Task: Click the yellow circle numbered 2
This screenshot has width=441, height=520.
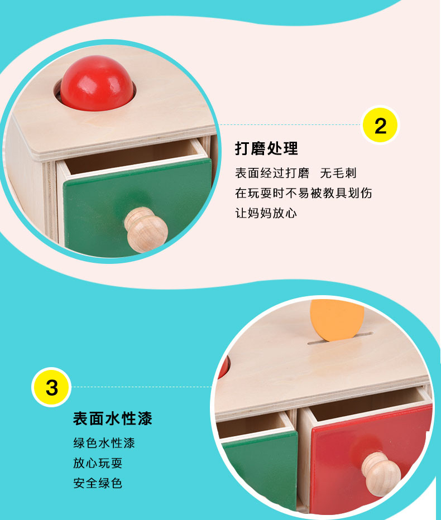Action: (x=380, y=126)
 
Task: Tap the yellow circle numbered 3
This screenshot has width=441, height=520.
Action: (x=51, y=387)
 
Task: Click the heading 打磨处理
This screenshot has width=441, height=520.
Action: (x=266, y=148)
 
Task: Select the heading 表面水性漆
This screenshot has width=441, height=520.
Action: (x=113, y=418)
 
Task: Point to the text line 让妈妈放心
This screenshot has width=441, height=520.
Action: (x=266, y=213)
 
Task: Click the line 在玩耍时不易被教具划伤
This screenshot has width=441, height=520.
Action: (x=304, y=193)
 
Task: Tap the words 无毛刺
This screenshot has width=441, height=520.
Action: (x=338, y=173)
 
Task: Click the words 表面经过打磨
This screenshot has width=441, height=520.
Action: (x=272, y=173)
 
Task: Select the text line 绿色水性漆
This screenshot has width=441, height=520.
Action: (x=104, y=443)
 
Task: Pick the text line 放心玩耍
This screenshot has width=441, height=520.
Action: (x=98, y=463)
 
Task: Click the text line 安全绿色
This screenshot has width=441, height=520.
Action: (x=98, y=483)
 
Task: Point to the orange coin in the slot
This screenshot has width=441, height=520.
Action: (x=337, y=320)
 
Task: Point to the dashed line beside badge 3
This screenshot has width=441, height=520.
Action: (x=142, y=387)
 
